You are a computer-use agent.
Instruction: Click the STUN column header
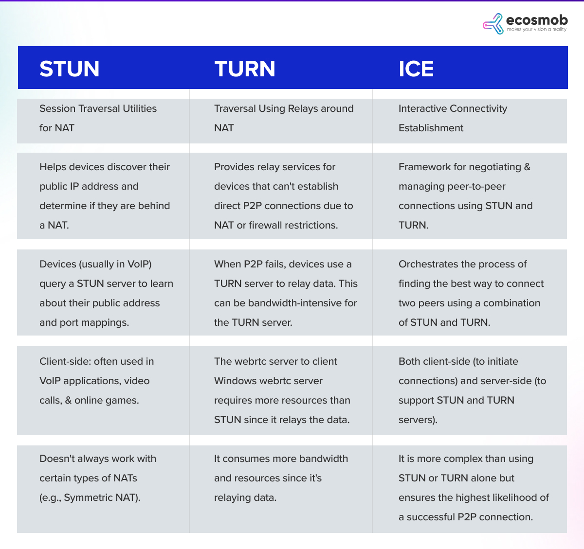coord(70,69)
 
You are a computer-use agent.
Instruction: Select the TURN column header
coord(245,69)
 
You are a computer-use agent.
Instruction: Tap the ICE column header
coord(416,69)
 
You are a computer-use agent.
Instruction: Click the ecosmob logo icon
coord(493,24)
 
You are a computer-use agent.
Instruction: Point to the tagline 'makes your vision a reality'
coord(536,30)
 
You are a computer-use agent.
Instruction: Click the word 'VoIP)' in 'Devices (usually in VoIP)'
coord(139,264)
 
